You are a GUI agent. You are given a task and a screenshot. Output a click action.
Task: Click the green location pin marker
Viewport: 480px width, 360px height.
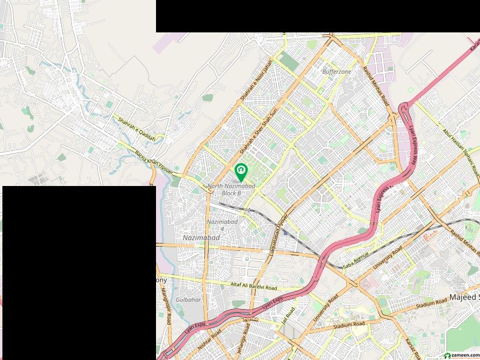[x=241, y=172]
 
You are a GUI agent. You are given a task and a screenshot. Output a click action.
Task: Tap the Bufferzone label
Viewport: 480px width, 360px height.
[x=337, y=71]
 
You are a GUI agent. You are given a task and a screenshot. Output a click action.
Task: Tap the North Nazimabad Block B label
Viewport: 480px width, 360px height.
[x=232, y=190]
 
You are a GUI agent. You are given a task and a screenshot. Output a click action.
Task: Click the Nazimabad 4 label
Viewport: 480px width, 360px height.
[x=223, y=225]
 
